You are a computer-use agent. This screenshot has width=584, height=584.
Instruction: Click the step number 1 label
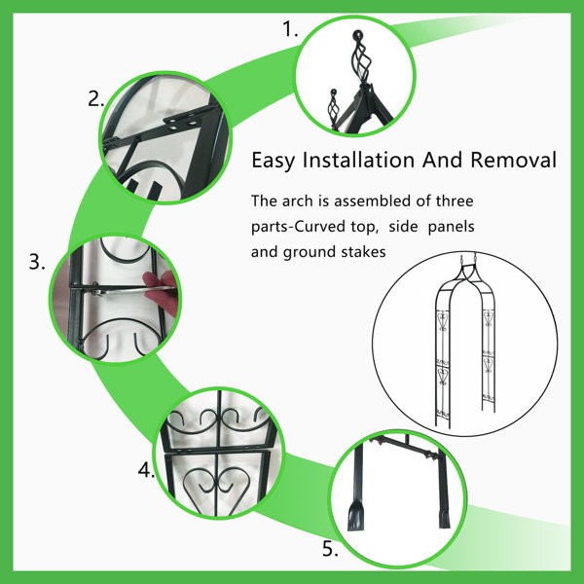(290, 29)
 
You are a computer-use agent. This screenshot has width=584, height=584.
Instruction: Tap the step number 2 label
(95, 99)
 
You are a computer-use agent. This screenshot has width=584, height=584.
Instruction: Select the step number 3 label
(37, 262)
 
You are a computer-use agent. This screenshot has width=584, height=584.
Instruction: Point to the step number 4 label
(146, 470)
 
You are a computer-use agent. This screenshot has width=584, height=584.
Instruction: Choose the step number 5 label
(330, 549)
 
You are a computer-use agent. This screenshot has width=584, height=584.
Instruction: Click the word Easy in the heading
(273, 161)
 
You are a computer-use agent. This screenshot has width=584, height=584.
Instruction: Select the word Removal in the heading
(513, 160)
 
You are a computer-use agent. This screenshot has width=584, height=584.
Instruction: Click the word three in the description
(455, 201)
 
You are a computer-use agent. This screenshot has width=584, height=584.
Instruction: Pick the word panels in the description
(451, 227)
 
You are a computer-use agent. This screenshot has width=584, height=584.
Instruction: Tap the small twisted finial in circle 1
(333, 104)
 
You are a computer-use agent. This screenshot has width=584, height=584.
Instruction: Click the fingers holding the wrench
(162, 292)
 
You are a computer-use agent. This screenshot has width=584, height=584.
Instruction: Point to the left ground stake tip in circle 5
(354, 515)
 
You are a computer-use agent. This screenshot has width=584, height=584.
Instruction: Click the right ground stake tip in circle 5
(445, 518)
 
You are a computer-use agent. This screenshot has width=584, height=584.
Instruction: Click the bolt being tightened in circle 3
(96, 289)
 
